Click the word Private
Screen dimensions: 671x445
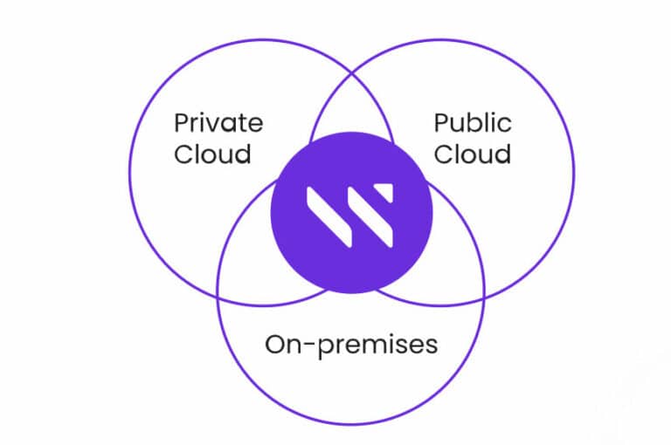coord(218,123)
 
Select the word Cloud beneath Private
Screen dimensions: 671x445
coord(212,154)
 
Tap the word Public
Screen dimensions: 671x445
coord(473,123)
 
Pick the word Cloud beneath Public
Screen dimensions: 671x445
coord(473,154)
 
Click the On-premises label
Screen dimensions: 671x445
coord(351,346)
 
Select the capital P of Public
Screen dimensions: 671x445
coord(441,123)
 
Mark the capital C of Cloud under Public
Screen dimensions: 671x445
coord(443,154)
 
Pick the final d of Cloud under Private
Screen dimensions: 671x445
coord(243,154)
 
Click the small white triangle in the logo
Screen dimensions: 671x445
coord(385,191)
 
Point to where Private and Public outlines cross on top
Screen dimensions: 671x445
coord(351,73)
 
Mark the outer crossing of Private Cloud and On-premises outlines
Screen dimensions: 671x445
coord(218,296)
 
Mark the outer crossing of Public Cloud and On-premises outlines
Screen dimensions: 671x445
coord(484,296)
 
